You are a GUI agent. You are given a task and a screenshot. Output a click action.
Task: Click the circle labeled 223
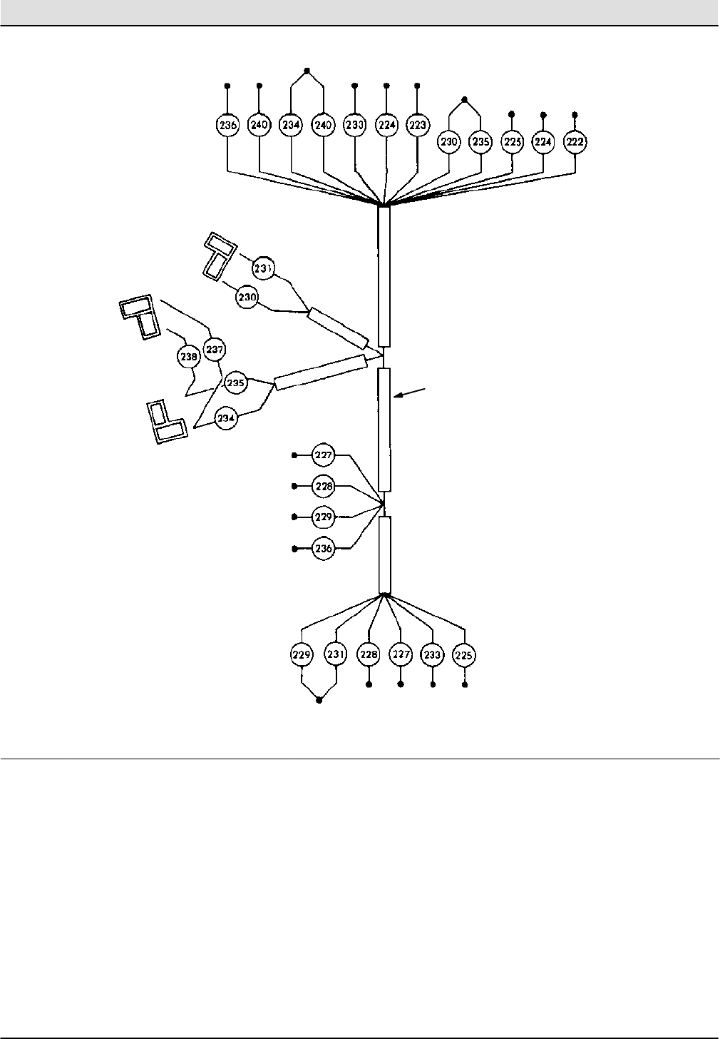(x=417, y=125)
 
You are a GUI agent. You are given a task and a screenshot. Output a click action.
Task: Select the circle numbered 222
(x=575, y=142)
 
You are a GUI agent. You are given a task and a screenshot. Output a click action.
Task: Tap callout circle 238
(x=188, y=355)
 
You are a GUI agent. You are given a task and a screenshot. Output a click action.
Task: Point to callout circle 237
(x=214, y=349)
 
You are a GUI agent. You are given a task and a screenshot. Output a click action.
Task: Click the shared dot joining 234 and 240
(x=307, y=70)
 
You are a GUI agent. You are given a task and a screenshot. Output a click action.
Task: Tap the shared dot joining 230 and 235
(x=465, y=99)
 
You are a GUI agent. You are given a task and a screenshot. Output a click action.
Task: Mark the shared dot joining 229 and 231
(x=319, y=700)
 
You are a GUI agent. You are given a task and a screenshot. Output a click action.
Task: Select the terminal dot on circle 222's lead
(x=575, y=114)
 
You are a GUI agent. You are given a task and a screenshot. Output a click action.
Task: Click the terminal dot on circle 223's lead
(x=417, y=85)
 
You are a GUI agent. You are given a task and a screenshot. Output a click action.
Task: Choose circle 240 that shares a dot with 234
(x=324, y=125)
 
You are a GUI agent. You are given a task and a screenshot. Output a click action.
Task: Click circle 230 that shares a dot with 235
(x=449, y=142)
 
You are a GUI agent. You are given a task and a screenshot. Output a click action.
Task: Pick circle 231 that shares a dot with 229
(x=335, y=654)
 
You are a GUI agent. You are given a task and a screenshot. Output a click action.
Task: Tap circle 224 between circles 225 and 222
(x=543, y=142)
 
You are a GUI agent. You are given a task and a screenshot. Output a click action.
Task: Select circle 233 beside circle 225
(x=432, y=654)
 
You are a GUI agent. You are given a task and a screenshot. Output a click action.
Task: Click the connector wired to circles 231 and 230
(x=219, y=255)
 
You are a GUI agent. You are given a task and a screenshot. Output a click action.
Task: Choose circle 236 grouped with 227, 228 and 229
(x=324, y=548)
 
